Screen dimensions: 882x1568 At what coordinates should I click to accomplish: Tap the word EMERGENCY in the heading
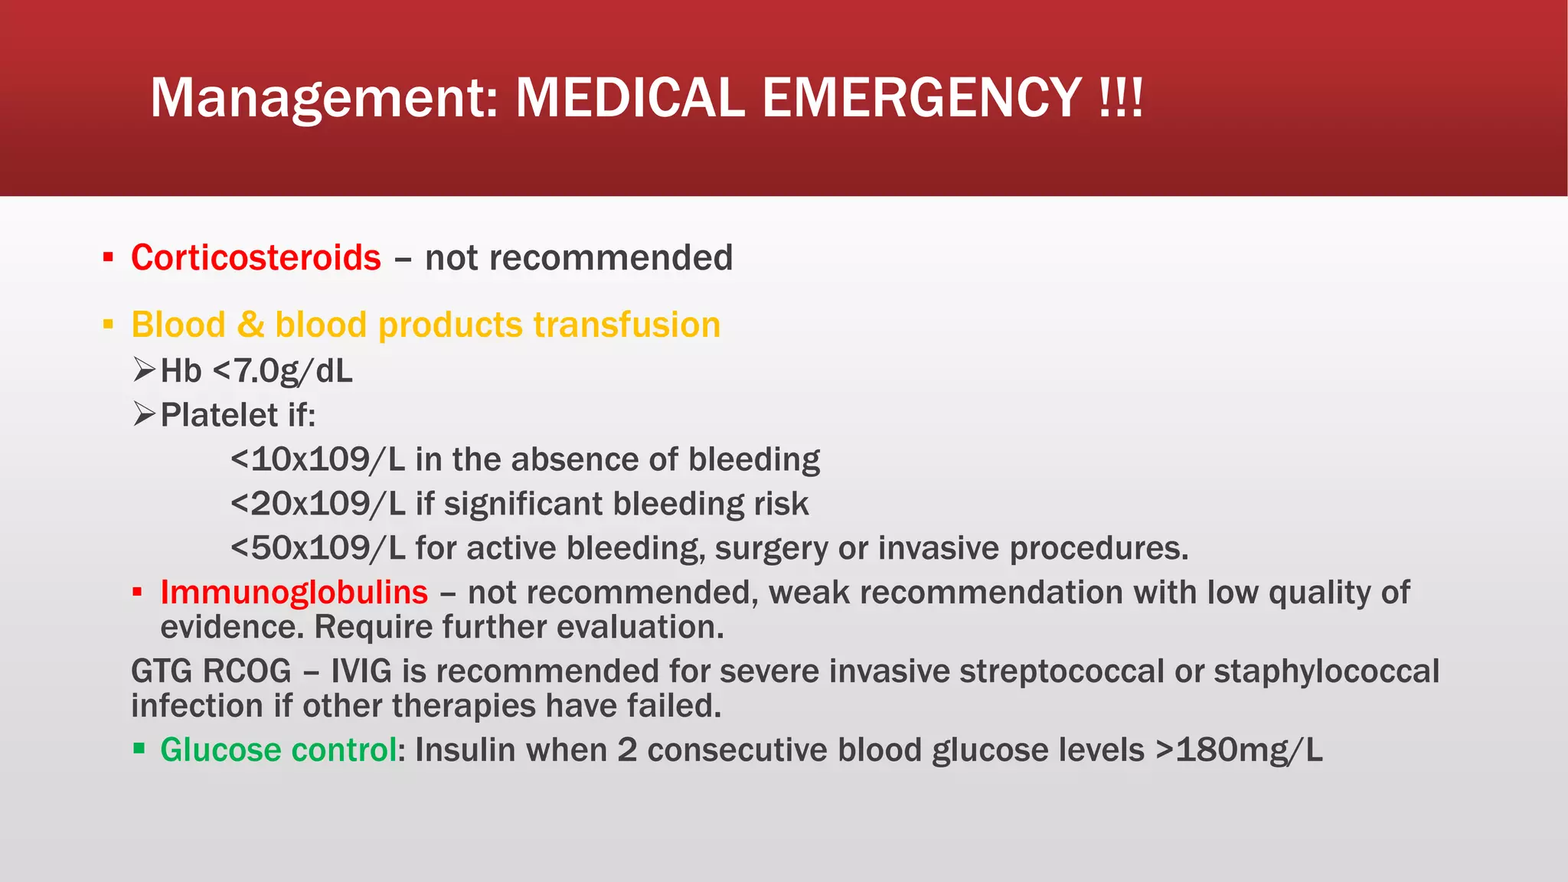922,98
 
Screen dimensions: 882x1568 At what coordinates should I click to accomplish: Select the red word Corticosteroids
256,258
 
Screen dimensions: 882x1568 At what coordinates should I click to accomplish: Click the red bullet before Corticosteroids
108,257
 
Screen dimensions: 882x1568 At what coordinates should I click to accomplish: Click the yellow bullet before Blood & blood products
108,325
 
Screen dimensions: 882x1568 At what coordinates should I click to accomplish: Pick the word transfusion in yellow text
626,325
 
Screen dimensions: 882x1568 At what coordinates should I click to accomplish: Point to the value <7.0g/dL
283,371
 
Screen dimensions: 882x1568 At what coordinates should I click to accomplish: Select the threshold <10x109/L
317,459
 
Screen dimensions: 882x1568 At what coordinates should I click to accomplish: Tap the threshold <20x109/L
317,504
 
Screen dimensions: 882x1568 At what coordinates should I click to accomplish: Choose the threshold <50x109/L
317,548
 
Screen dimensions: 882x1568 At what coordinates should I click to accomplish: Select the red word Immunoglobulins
294,593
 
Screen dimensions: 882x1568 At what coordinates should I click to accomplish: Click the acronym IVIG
361,671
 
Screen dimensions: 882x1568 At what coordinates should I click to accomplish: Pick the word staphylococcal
1326,671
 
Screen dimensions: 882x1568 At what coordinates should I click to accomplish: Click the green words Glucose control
279,750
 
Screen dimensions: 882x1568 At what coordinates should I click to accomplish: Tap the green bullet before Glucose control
139,748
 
